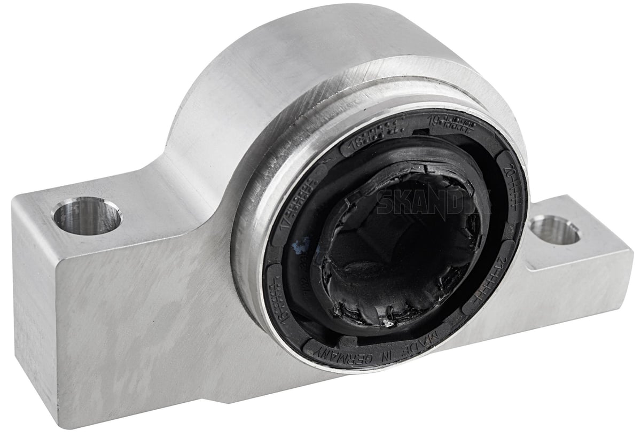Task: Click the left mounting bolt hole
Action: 87,216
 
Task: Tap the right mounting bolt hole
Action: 555,230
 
